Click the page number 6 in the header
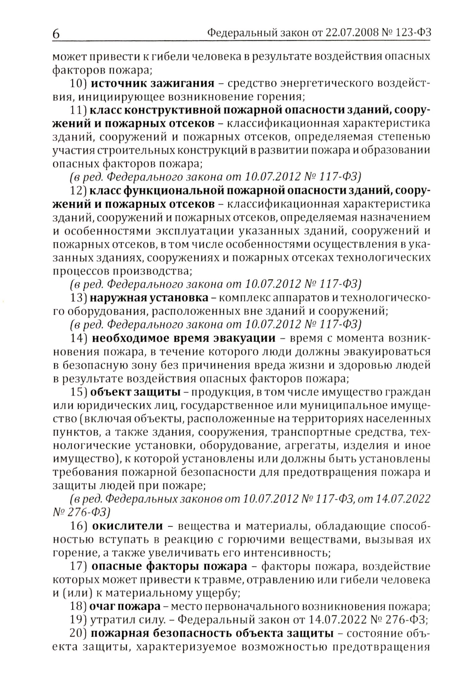tap(56, 34)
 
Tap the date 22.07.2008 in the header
tap(325, 33)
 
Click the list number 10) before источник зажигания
tap(78, 83)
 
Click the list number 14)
tap(78, 338)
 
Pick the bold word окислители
tap(127, 526)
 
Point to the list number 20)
tap(78, 633)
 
